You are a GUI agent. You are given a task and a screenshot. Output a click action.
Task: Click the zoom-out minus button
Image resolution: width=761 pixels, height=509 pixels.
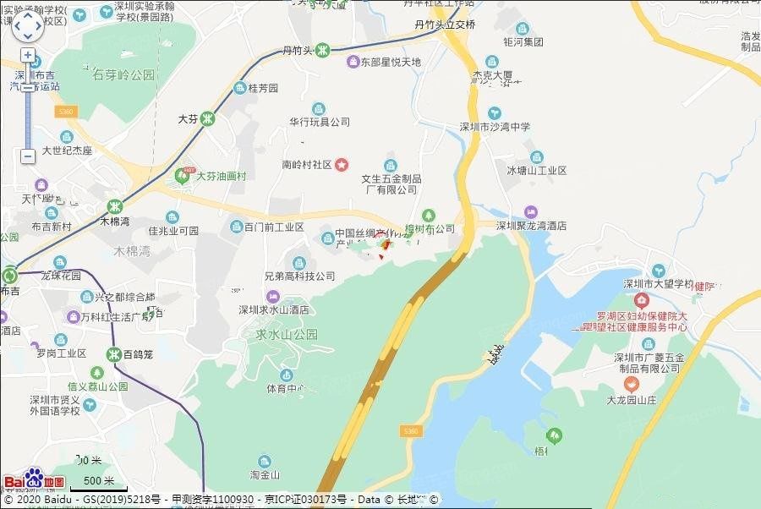[x=28, y=156]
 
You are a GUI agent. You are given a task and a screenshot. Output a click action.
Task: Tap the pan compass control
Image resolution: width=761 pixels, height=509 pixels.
[x=27, y=25]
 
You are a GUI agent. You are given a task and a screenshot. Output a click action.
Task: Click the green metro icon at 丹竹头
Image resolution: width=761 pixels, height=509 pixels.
[x=322, y=50]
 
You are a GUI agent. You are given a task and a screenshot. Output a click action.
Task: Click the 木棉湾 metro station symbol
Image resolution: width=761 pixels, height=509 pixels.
[x=114, y=206]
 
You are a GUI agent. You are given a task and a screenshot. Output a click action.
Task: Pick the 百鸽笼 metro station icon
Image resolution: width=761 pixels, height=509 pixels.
[x=113, y=353]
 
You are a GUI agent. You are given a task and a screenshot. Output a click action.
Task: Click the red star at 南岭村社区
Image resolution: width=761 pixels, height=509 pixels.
[x=342, y=164]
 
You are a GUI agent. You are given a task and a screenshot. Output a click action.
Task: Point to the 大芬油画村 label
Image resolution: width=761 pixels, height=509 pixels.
[x=221, y=176]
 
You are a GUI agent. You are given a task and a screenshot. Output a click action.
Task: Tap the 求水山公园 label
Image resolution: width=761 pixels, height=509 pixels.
[x=287, y=334]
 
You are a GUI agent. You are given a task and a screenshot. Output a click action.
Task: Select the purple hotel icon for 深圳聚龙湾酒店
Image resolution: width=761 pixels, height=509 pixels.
[x=531, y=211]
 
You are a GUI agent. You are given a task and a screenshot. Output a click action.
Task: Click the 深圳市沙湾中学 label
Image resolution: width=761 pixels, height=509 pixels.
[x=495, y=127]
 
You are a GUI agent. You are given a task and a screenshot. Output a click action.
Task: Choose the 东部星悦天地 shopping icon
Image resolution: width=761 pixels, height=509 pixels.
[x=353, y=62]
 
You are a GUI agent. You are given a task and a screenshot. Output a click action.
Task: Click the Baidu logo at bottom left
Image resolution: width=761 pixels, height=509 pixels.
[x=34, y=480]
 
